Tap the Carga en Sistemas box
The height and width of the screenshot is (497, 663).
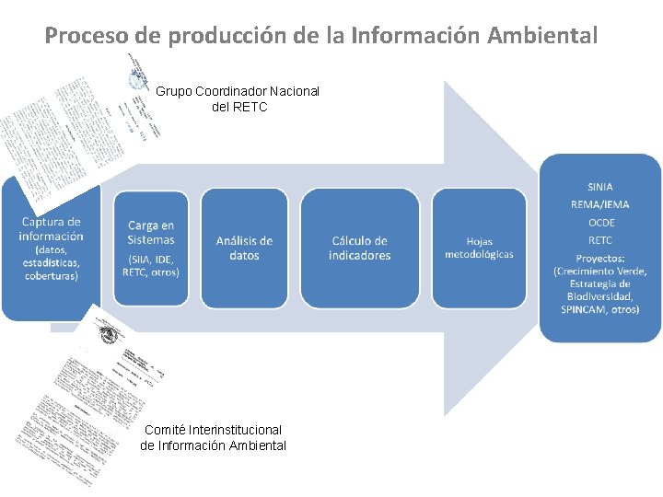pos(151,248)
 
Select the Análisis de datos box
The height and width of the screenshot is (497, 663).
pos(244,248)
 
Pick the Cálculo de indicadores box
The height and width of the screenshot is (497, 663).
pos(360,248)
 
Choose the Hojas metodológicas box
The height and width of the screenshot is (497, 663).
pos(479,248)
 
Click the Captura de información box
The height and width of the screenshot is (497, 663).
pos(52,248)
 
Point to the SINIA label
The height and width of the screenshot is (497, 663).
pos(600,187)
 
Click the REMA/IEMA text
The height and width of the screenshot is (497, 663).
pos(600,204)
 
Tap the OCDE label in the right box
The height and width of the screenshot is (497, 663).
pos(600,223)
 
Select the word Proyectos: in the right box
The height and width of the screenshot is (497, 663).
pos(600,258)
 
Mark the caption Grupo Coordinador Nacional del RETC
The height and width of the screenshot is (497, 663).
pos(238,98)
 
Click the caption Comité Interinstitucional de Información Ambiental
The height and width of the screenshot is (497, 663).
pos(213,437)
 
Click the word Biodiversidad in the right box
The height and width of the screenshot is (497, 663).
pos(600,297)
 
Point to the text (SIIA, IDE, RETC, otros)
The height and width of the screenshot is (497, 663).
pos(151,265)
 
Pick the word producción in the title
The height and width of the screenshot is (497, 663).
pos(218,36)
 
